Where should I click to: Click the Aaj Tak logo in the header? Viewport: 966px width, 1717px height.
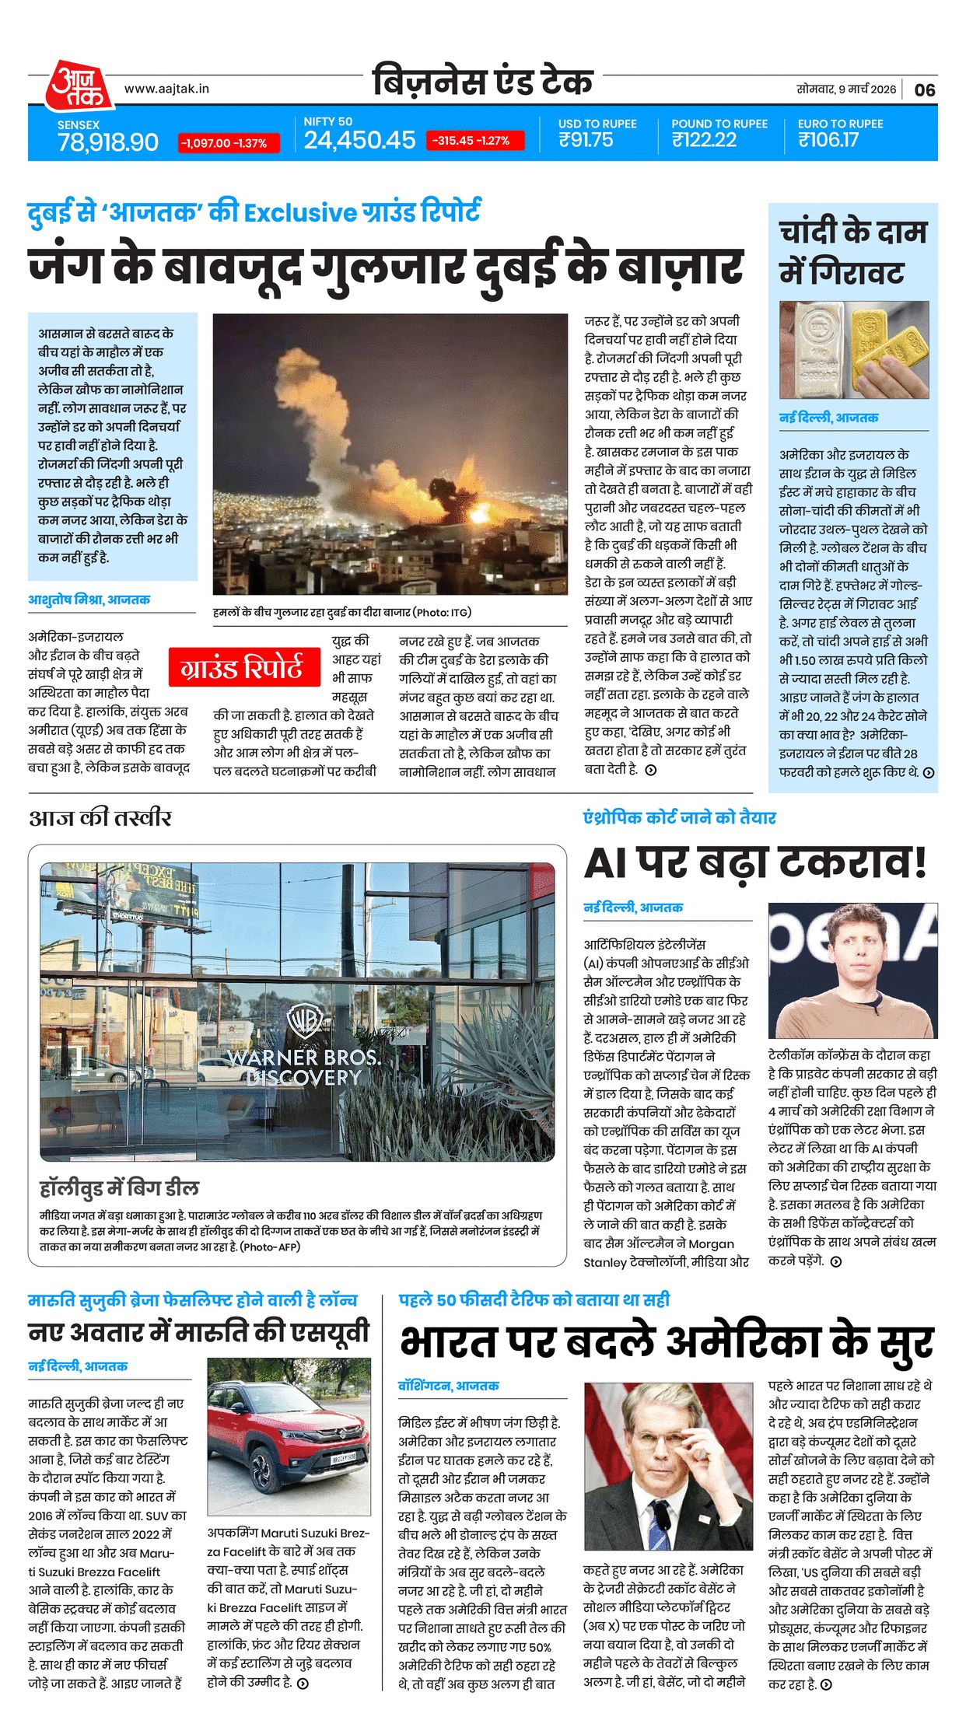[x=78, y=85]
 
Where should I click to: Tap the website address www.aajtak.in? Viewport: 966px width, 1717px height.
[x=166, y=89]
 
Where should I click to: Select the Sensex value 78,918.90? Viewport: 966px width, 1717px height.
[x=108, y=142]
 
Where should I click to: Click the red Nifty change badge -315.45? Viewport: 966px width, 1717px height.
[x=474, y=141]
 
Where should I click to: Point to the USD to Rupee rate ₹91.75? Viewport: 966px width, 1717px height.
[x=586, y=140]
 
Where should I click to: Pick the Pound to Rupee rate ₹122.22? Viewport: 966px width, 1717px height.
[x=704, y=140]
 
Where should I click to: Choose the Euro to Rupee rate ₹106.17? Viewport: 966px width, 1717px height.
[x=828, y=140]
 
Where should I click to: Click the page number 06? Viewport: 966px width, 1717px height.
[x=925, y=90]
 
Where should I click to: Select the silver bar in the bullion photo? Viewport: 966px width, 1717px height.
[x=817, y=350]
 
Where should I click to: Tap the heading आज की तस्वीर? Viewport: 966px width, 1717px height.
[x=100, y=817]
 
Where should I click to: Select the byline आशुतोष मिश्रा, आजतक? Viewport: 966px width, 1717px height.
[x=89, y=600]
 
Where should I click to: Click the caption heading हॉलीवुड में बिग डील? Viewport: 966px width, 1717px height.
[x=120, y=1188]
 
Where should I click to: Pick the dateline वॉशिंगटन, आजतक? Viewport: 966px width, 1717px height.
[x=449, y=1386]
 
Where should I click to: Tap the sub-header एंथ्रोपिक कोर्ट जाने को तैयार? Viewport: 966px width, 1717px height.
[x=680, y=817]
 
